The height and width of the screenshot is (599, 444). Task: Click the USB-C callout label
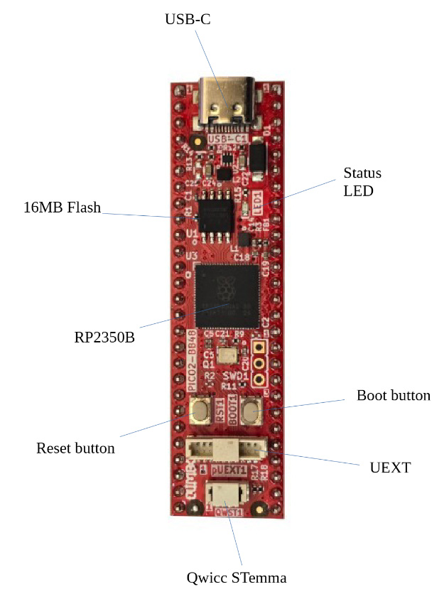click(x=188, y=19)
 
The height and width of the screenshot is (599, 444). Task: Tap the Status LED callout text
click(x=362, y=182)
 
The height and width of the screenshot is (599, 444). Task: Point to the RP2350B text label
click(x=104, y=336)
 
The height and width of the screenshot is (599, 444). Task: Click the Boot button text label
click(x=393, y=395)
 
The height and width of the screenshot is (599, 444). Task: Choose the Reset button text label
click(x=75, y=448)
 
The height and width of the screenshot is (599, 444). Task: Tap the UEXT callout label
click(x=390, y=468)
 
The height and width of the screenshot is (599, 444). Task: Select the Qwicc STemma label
click(x=237, y=577)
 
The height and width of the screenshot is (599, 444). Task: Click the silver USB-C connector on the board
click(x=228, y=103)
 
